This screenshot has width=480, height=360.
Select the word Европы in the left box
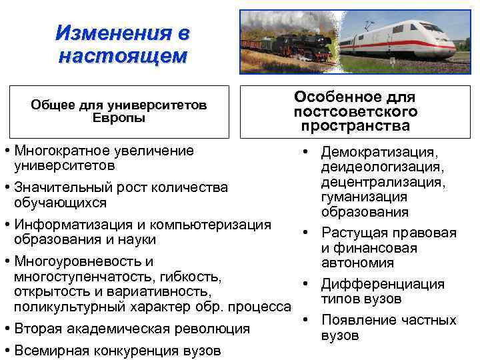119,117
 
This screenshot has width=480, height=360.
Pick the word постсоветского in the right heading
355,111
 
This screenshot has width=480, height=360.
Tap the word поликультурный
66,307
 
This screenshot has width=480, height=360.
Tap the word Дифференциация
382,284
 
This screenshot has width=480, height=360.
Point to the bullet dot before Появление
303,319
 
